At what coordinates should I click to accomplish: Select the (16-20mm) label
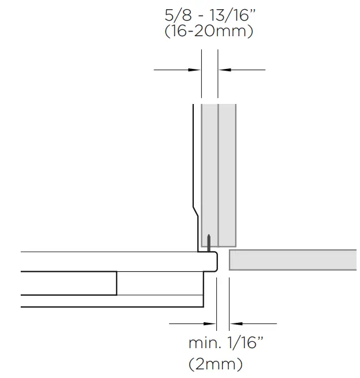point(209,32)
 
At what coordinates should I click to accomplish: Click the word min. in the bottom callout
point(204,344)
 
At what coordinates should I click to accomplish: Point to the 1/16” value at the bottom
point(243,344)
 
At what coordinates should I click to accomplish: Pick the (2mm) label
point(216,364)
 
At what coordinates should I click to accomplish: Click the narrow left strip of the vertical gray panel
point(209,172)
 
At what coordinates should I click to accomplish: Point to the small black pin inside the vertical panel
point(208,241)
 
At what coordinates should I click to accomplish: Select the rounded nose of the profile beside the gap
point(216,261)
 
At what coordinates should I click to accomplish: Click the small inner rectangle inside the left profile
point(160,283)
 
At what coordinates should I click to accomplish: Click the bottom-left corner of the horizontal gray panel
point(230,269)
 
